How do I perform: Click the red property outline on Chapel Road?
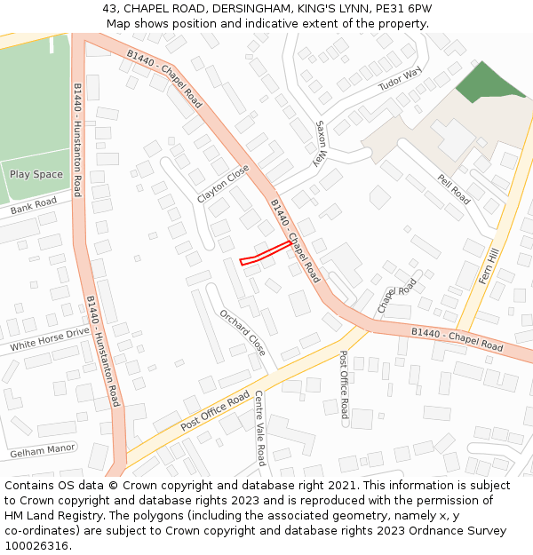265,252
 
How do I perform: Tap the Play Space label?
36,174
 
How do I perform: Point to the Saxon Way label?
322,144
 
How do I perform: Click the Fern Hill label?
490,266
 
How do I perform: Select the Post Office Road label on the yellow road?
215,411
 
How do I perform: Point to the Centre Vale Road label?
259,428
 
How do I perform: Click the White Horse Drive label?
50,338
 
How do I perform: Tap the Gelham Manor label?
43,451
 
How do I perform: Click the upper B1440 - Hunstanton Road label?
77,140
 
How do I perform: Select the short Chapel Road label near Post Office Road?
397,295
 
